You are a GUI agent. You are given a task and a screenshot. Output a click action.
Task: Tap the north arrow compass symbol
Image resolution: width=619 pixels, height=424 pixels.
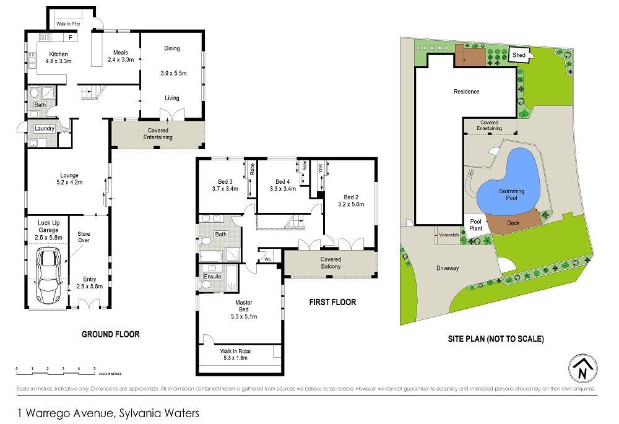click(x=582, y=369)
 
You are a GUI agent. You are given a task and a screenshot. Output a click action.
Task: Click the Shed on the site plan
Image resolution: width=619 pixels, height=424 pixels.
click(x=519, y=55)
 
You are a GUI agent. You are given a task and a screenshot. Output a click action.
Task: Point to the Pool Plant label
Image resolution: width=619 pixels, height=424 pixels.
click(x=475, y=224)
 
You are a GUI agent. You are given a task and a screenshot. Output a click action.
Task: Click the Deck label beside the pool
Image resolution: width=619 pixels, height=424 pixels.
click(x=513, y=222)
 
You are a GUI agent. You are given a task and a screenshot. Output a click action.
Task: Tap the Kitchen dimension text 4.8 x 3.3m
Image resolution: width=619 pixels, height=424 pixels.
click(x=59, y=61)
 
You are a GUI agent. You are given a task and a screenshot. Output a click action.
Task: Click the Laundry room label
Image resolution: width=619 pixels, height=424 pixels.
click(x=45, y=129)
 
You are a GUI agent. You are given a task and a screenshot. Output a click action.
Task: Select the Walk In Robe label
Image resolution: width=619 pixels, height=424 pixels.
click(x=235, y=350)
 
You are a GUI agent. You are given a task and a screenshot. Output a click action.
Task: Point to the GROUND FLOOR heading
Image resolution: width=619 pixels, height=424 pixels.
click(x=111, y=334)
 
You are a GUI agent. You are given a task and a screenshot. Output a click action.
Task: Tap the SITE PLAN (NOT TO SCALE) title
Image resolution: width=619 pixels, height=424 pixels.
click(x=495, y=339)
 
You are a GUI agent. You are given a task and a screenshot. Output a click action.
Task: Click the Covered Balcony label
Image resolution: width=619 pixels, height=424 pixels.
click(x=331, y=262)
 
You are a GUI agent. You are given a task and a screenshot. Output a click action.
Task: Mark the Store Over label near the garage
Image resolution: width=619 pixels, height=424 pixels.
click(x=84, y=236)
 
